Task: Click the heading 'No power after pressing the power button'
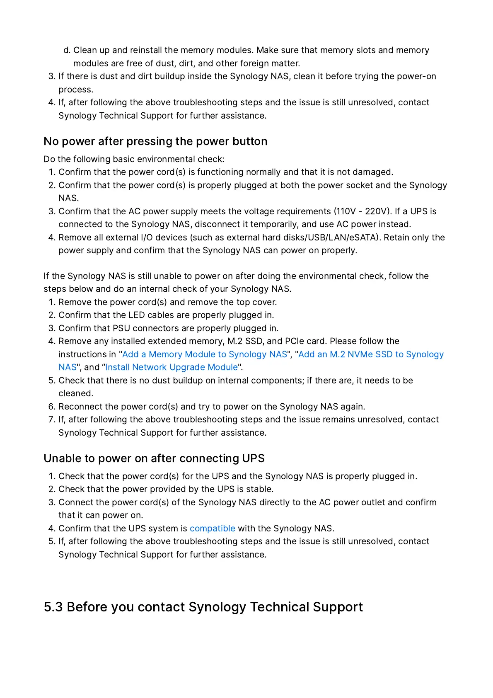tap(155, 141)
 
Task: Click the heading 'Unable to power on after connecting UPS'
tap(154, 458)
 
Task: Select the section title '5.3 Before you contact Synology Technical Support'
tap(203, 607)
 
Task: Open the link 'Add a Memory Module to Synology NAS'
tap(205, 354)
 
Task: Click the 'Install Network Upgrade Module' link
tap(172, 367)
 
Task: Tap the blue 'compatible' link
tap(212, 528)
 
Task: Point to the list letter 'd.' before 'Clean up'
tap(67, 50)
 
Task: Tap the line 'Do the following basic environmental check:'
tap(134, 159)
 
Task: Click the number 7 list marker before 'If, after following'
tap(51, 419)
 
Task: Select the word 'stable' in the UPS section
tap(259, 489)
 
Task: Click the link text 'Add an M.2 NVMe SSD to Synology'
tap(371, 354)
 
